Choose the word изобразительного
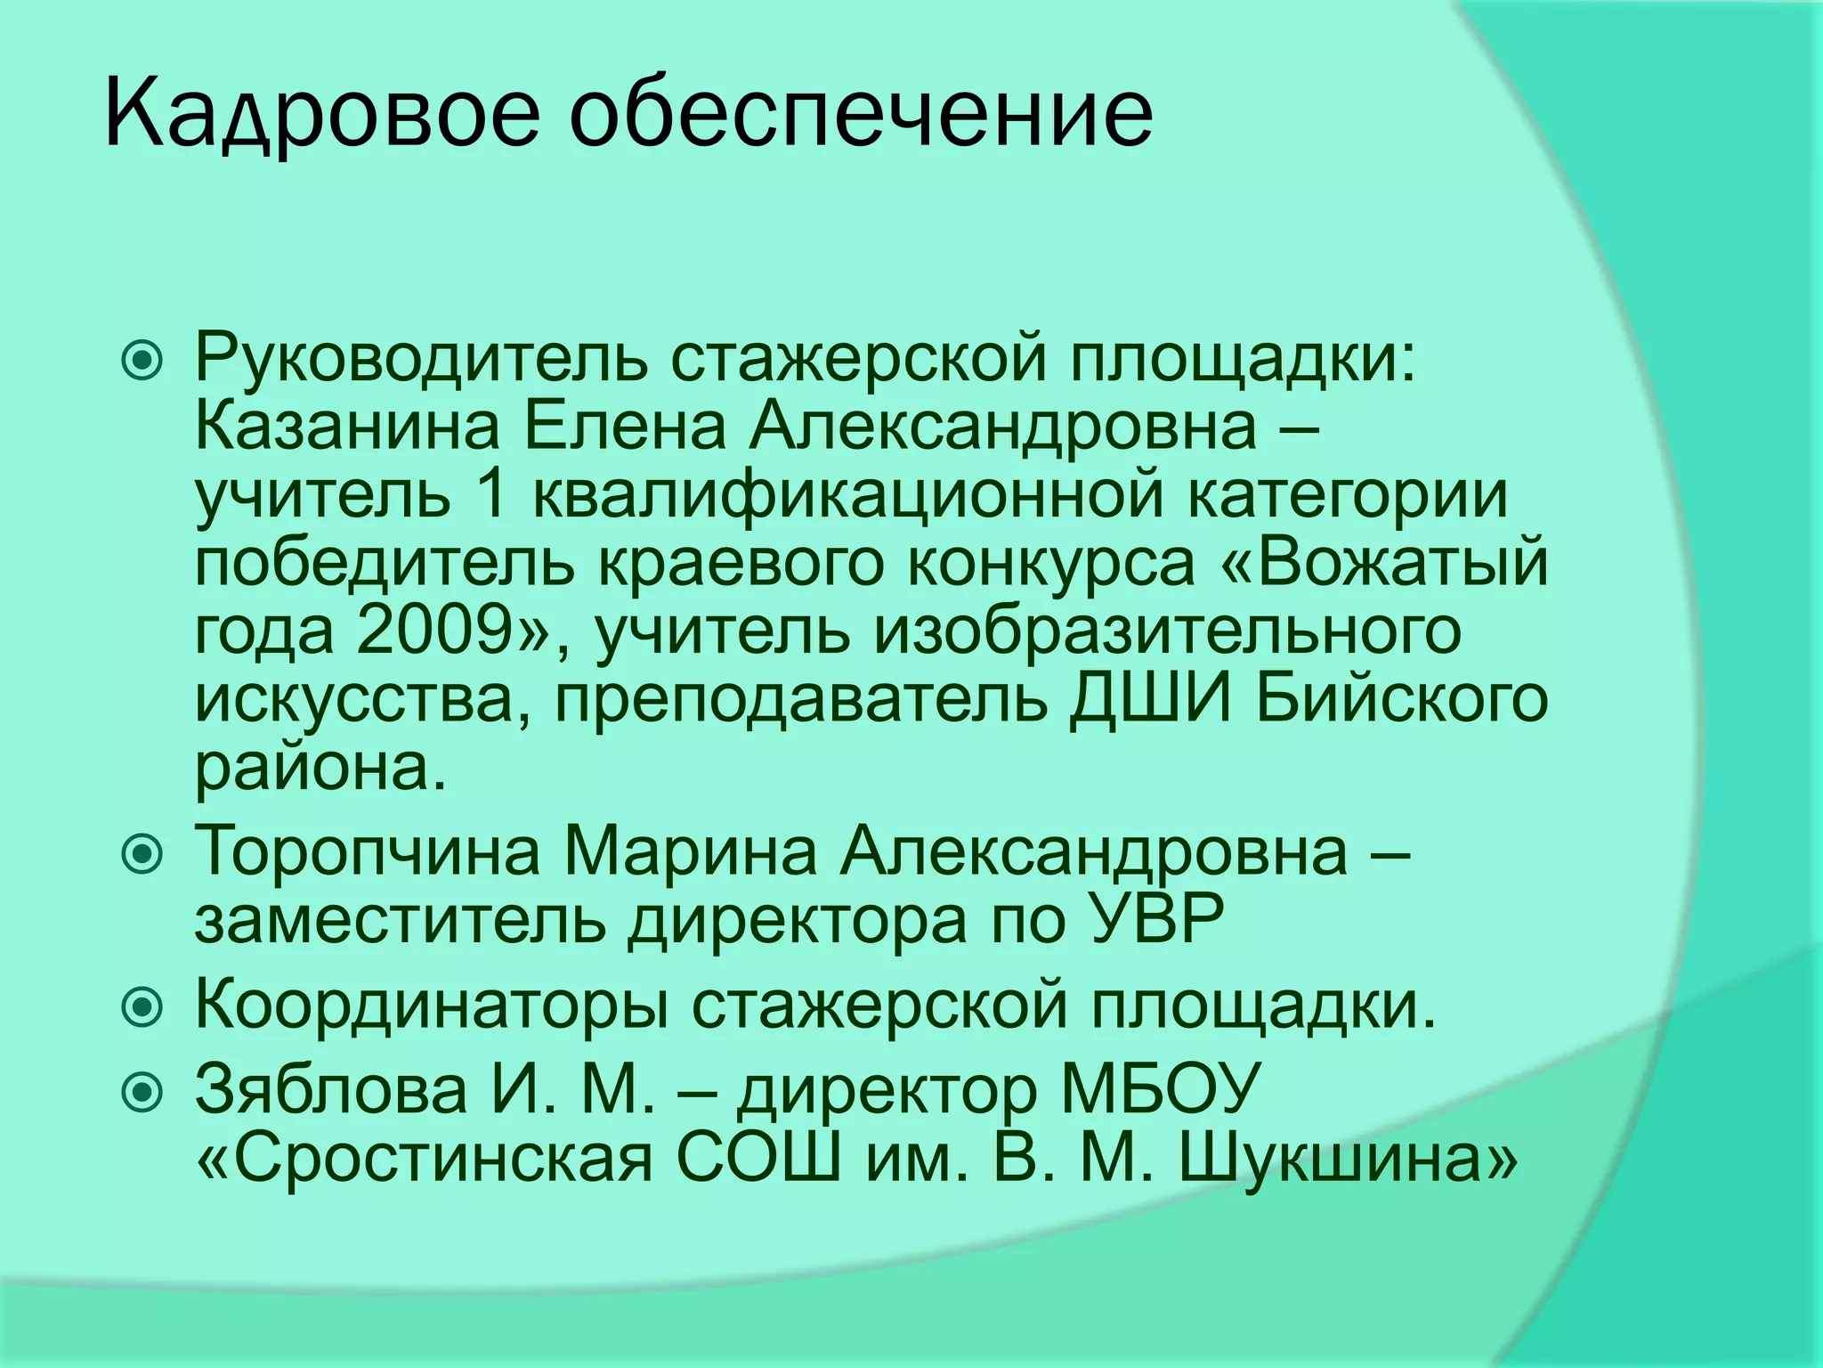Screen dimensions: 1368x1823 tap(1167, 631)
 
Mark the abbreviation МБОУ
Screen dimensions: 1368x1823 tap(1158, 1091)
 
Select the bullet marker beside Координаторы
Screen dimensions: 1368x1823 tap(142, 1008)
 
